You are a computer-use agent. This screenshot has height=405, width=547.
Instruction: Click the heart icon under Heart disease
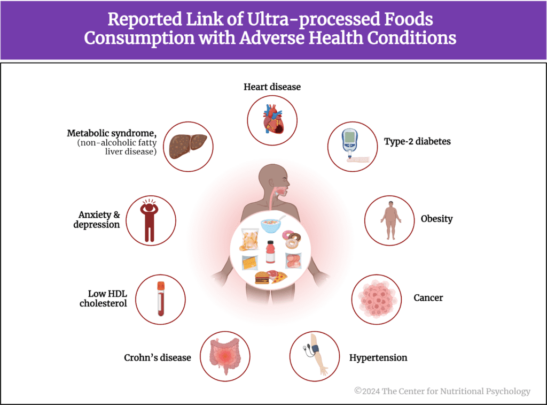point(272,121)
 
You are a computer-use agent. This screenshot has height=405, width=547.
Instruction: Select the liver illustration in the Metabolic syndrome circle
point(187,146)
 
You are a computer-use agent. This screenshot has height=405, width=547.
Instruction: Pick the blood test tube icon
point(160,299)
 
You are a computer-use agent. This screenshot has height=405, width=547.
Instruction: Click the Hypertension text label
point(378,357)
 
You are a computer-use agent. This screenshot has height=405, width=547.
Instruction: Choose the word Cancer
point(428,297)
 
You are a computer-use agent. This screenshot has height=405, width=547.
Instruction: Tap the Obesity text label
point(436,219)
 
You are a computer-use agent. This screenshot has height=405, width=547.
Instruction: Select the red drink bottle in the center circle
point(270,252)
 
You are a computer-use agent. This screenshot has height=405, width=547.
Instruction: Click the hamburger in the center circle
point(262,278)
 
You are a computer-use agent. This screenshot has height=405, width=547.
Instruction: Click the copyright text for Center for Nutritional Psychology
point(442,391)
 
